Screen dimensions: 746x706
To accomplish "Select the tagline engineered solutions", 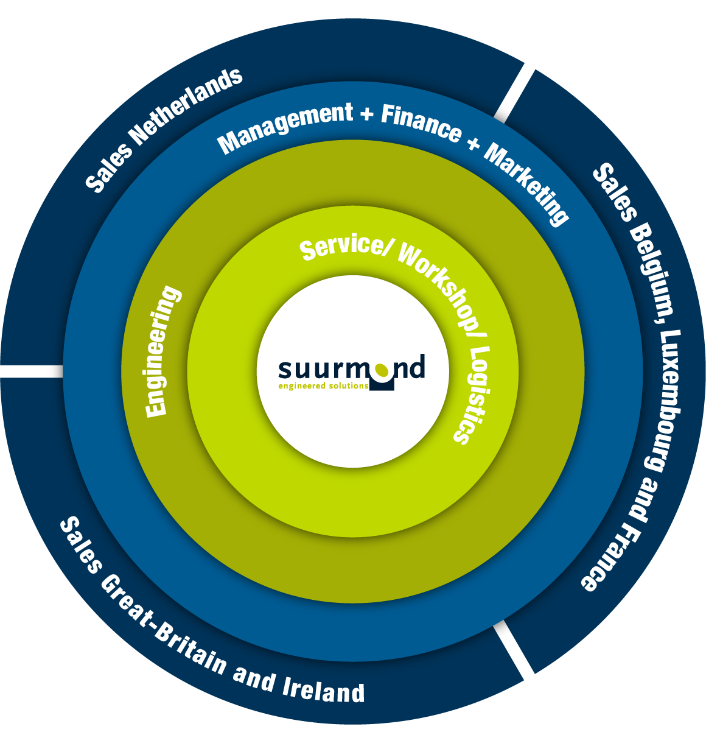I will tap(323, 386).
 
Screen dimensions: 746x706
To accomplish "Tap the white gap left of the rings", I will tap(22, 371).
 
